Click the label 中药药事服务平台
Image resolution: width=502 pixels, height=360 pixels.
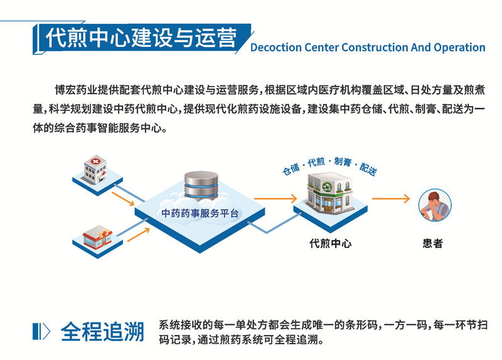tap(200, 213)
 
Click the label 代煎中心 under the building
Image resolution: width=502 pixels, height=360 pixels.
tap(331, 243)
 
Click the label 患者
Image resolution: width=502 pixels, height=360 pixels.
tap(433, 243)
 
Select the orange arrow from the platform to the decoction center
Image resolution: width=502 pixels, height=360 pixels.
tap(275, 198)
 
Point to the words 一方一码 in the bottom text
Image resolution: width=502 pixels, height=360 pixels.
tap(403, 325)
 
